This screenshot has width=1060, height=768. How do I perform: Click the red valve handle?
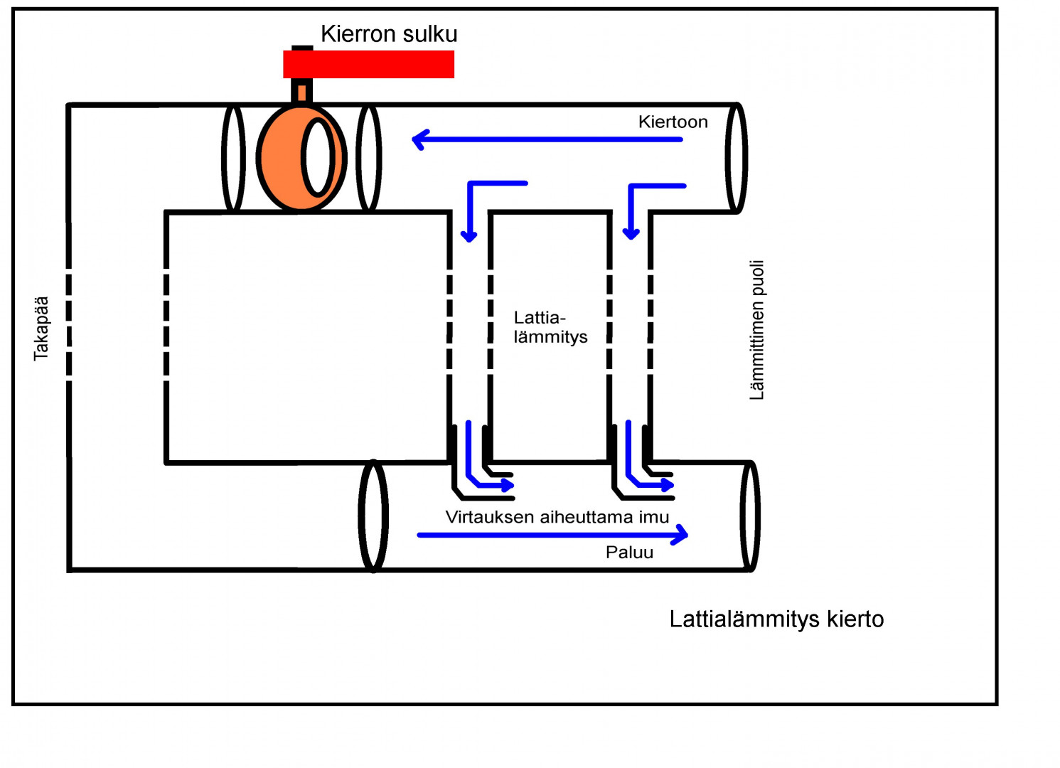[368, 65]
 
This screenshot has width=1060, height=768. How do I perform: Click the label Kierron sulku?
[389, 34]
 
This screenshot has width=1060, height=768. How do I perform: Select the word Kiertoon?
[673, 122]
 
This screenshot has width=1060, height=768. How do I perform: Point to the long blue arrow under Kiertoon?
[547, 139]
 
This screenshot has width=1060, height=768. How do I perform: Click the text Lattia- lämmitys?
[550, 327]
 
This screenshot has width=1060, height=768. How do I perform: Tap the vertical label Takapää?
[41, 329]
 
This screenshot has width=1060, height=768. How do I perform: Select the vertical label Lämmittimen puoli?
[757, 330]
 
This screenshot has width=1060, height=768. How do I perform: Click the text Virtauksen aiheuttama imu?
[557, 517]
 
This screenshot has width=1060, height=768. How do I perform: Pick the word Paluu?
[629, 553]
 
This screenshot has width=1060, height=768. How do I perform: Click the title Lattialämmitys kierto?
[776, 619]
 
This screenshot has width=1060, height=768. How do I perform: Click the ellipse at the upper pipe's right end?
[737, 158]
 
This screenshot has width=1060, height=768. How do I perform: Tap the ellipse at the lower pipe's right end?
[750, 516]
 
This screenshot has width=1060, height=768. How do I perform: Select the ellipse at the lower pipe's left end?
[373, 516]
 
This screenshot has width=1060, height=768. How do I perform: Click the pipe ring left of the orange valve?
[233, 158]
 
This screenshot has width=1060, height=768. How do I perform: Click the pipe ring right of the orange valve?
[368, 158]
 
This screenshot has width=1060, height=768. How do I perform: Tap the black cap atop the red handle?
[302, 48]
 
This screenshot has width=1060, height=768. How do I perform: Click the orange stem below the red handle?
[302, 92]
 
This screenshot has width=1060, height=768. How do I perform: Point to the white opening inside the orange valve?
[317, 158]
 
